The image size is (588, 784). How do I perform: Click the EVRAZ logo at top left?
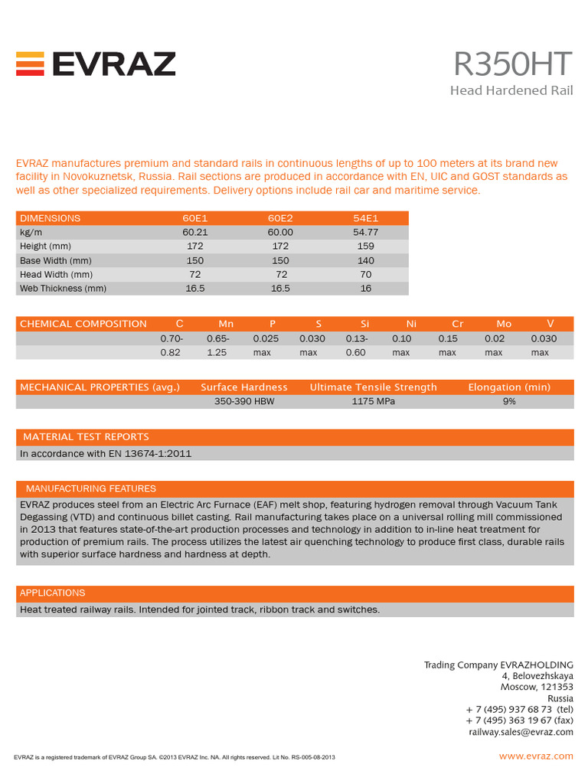click(96, 64)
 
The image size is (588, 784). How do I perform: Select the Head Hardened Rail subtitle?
click(511, 91)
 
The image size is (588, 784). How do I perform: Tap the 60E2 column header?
click(280, 218)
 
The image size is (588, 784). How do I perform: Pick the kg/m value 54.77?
click(365, 232)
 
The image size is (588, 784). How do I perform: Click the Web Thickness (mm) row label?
click(63, 289)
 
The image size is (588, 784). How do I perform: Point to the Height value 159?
click(365, 247)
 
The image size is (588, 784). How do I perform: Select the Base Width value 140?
click(365, 260)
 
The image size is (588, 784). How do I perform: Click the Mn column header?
click(226, 324)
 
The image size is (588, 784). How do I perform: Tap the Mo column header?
click(504, 324)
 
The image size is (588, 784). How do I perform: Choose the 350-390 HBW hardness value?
click(244, 401)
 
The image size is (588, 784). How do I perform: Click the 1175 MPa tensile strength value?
click(373, 401)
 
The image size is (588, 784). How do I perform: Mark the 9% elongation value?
click(509, 401)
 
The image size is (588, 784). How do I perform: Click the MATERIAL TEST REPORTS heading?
click(86, 437)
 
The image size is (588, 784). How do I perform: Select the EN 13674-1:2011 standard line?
click(106, 453)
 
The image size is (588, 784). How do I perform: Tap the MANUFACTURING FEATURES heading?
click(90, 488)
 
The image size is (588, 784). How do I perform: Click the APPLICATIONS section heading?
click(52, 593)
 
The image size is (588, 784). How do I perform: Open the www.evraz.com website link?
click(536, 756)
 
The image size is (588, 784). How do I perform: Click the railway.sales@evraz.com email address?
click(521, 732)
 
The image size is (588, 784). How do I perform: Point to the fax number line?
click(519, 720)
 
